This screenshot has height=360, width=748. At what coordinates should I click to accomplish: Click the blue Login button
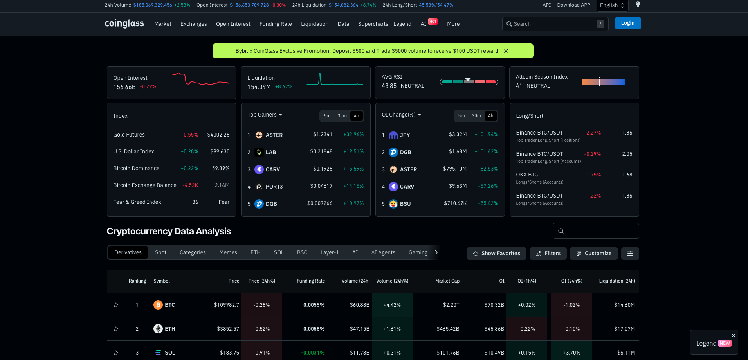(x=627, y=23)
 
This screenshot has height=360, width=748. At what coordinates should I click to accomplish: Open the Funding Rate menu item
(x=276, y=24)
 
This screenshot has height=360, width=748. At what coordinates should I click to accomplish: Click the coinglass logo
(x=124, y=23)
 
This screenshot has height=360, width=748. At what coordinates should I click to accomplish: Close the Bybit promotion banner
(x=506, y=51)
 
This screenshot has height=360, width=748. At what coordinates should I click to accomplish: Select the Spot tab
(x=160, y=252)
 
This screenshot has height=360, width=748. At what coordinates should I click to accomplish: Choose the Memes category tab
(x=228, y=252)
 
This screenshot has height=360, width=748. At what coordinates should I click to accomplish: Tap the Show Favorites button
(x=496, y=254)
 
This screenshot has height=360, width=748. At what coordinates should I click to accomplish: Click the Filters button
(x=548, y=254)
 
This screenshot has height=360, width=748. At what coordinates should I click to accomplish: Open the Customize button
(x=594, y=254)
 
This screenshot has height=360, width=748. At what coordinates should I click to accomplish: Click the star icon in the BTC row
(x=116, y=305)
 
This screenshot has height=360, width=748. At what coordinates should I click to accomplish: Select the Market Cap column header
(x=447, y=281)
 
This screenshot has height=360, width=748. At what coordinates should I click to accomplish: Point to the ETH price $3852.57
(x=228, y=329)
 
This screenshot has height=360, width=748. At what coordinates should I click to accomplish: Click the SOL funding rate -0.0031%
(x=313, y=353)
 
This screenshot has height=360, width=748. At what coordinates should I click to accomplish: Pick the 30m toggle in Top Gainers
(x=342, y=116)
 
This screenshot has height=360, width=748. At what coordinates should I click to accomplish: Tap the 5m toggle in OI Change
(x=461, y=116)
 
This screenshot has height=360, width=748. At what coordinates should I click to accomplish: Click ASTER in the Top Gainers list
(x=274, y=135)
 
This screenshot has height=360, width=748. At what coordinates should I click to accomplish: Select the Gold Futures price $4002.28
(x=218, y=135)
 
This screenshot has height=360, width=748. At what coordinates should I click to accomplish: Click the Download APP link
(x=573, y=5)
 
